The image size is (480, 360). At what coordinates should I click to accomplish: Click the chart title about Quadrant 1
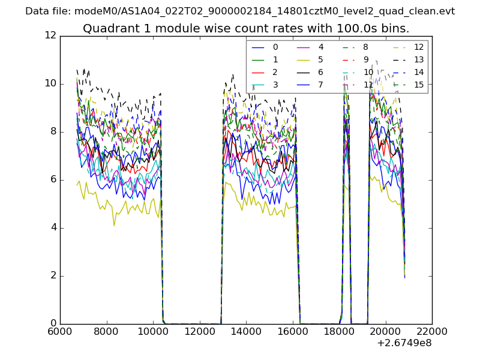pyautogui.click(x=246, y=29)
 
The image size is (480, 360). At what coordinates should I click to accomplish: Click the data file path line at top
pyautogui.click(x=240, y=11)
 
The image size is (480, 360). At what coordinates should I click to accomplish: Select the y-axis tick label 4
pyautogui.click(x=53, y=228)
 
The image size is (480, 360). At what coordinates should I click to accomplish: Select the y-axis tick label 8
pyautogui.click(x=53, y=132)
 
